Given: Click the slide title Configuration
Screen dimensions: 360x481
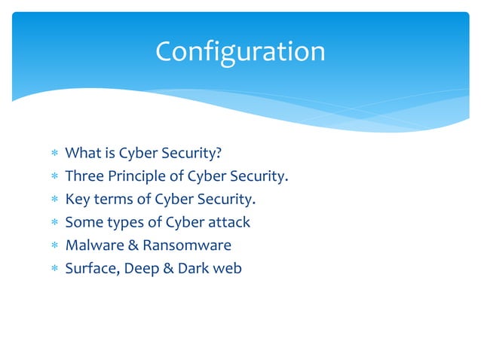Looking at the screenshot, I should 240,51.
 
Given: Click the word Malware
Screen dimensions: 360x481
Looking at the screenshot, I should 93,245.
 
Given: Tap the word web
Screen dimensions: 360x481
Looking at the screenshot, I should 228,267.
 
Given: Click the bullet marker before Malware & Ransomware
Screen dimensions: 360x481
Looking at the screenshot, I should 54,246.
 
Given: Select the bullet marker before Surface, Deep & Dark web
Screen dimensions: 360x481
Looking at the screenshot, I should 54,268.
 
